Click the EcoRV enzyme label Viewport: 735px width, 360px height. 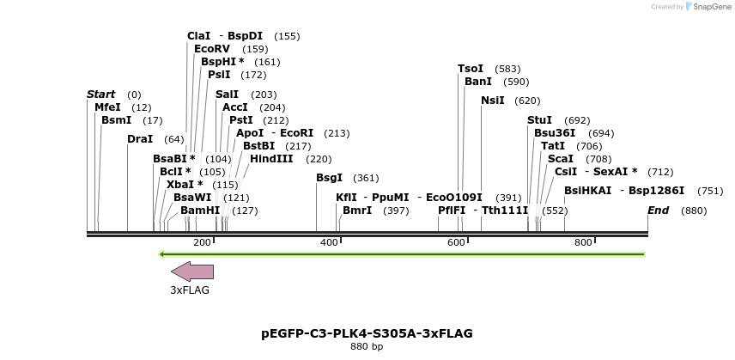[x=212, y=49]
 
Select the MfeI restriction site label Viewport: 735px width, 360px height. [x=107, y=107]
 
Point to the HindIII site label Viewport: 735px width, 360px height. [x=271, y=158]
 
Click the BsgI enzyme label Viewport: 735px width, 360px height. [x=329, y=178]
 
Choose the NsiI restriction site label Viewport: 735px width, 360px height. [x=492, y=101]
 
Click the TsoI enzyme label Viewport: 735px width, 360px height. [x=471, y=68]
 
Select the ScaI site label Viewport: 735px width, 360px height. [x=560, y=159]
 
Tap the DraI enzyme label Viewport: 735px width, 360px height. [x=139, y=139]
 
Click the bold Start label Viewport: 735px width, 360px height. [x=100, y=94]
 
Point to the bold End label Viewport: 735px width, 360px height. [x=658, y=211]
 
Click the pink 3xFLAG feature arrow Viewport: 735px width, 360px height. [x=192, y=272]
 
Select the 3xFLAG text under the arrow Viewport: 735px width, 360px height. [x=190, y=290]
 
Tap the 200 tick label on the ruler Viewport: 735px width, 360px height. [x=202, y=243]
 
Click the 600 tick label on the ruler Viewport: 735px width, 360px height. [x=456, y=243]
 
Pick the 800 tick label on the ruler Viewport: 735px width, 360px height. [x=583, y=243]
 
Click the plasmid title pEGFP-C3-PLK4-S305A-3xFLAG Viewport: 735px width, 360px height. [x=367, y=333]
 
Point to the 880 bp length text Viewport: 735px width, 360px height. [x=367, y=347]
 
